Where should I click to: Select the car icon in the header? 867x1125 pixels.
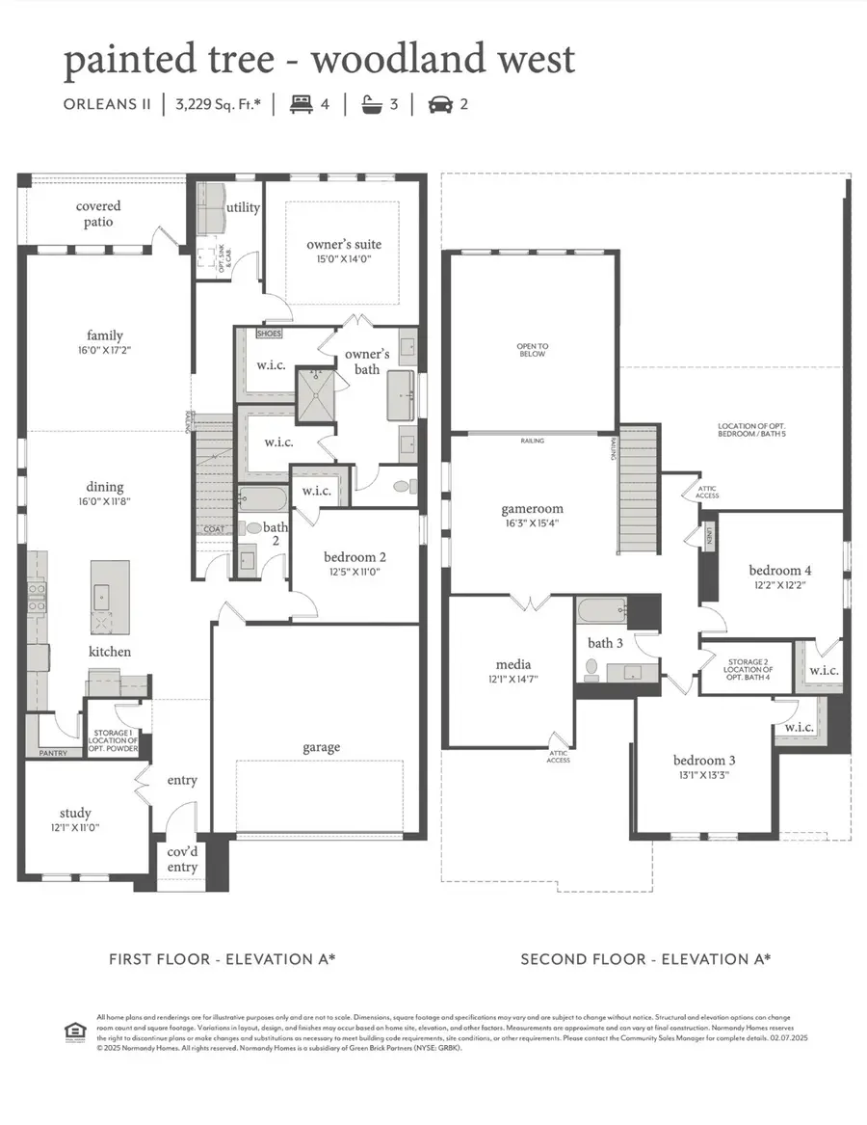438,103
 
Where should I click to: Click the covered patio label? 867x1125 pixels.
98,214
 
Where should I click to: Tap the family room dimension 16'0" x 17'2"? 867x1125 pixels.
104,350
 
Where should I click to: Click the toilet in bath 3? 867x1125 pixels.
591,666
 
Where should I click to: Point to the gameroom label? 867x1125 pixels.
532,509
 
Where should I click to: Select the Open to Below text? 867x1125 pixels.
532,349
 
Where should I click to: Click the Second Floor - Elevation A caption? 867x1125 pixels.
645,959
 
